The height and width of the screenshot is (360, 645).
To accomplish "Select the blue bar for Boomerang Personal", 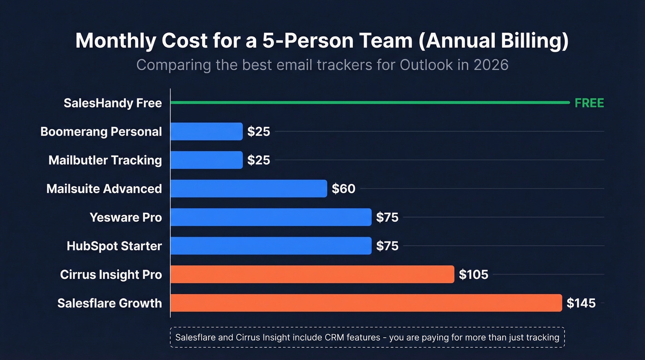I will click(x=206, y=131).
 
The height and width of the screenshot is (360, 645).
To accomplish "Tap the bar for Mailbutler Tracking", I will click(x=206, y=160).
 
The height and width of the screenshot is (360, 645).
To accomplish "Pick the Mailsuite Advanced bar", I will click(x=249, y=189).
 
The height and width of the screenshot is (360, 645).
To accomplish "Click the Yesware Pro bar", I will click(x=271, y=217).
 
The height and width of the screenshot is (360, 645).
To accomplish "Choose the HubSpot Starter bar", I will click(x=271, y=246).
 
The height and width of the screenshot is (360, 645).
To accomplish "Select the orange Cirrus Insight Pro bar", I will click(x=312, y=274).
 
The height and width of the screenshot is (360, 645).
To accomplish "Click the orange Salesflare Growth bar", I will click(x=366, y=303).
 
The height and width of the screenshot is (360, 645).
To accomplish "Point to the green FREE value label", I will click(x=589, y=103).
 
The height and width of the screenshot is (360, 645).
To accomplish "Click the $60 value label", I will click(x=344, y=189).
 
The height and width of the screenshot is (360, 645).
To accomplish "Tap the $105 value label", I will click(x=473, y=275).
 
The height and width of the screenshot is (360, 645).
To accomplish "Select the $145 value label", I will click(x=581, y=303).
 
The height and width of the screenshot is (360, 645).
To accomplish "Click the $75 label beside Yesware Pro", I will click(x=387, y=217).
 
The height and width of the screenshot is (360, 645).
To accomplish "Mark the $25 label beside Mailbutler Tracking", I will click(x=258, y=160).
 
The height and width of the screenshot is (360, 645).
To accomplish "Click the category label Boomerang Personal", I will click(x=101, y=131).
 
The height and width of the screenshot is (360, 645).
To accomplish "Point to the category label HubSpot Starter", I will click(x=114, y=246).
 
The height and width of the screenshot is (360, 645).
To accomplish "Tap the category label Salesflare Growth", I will click(x=110, y=303).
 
